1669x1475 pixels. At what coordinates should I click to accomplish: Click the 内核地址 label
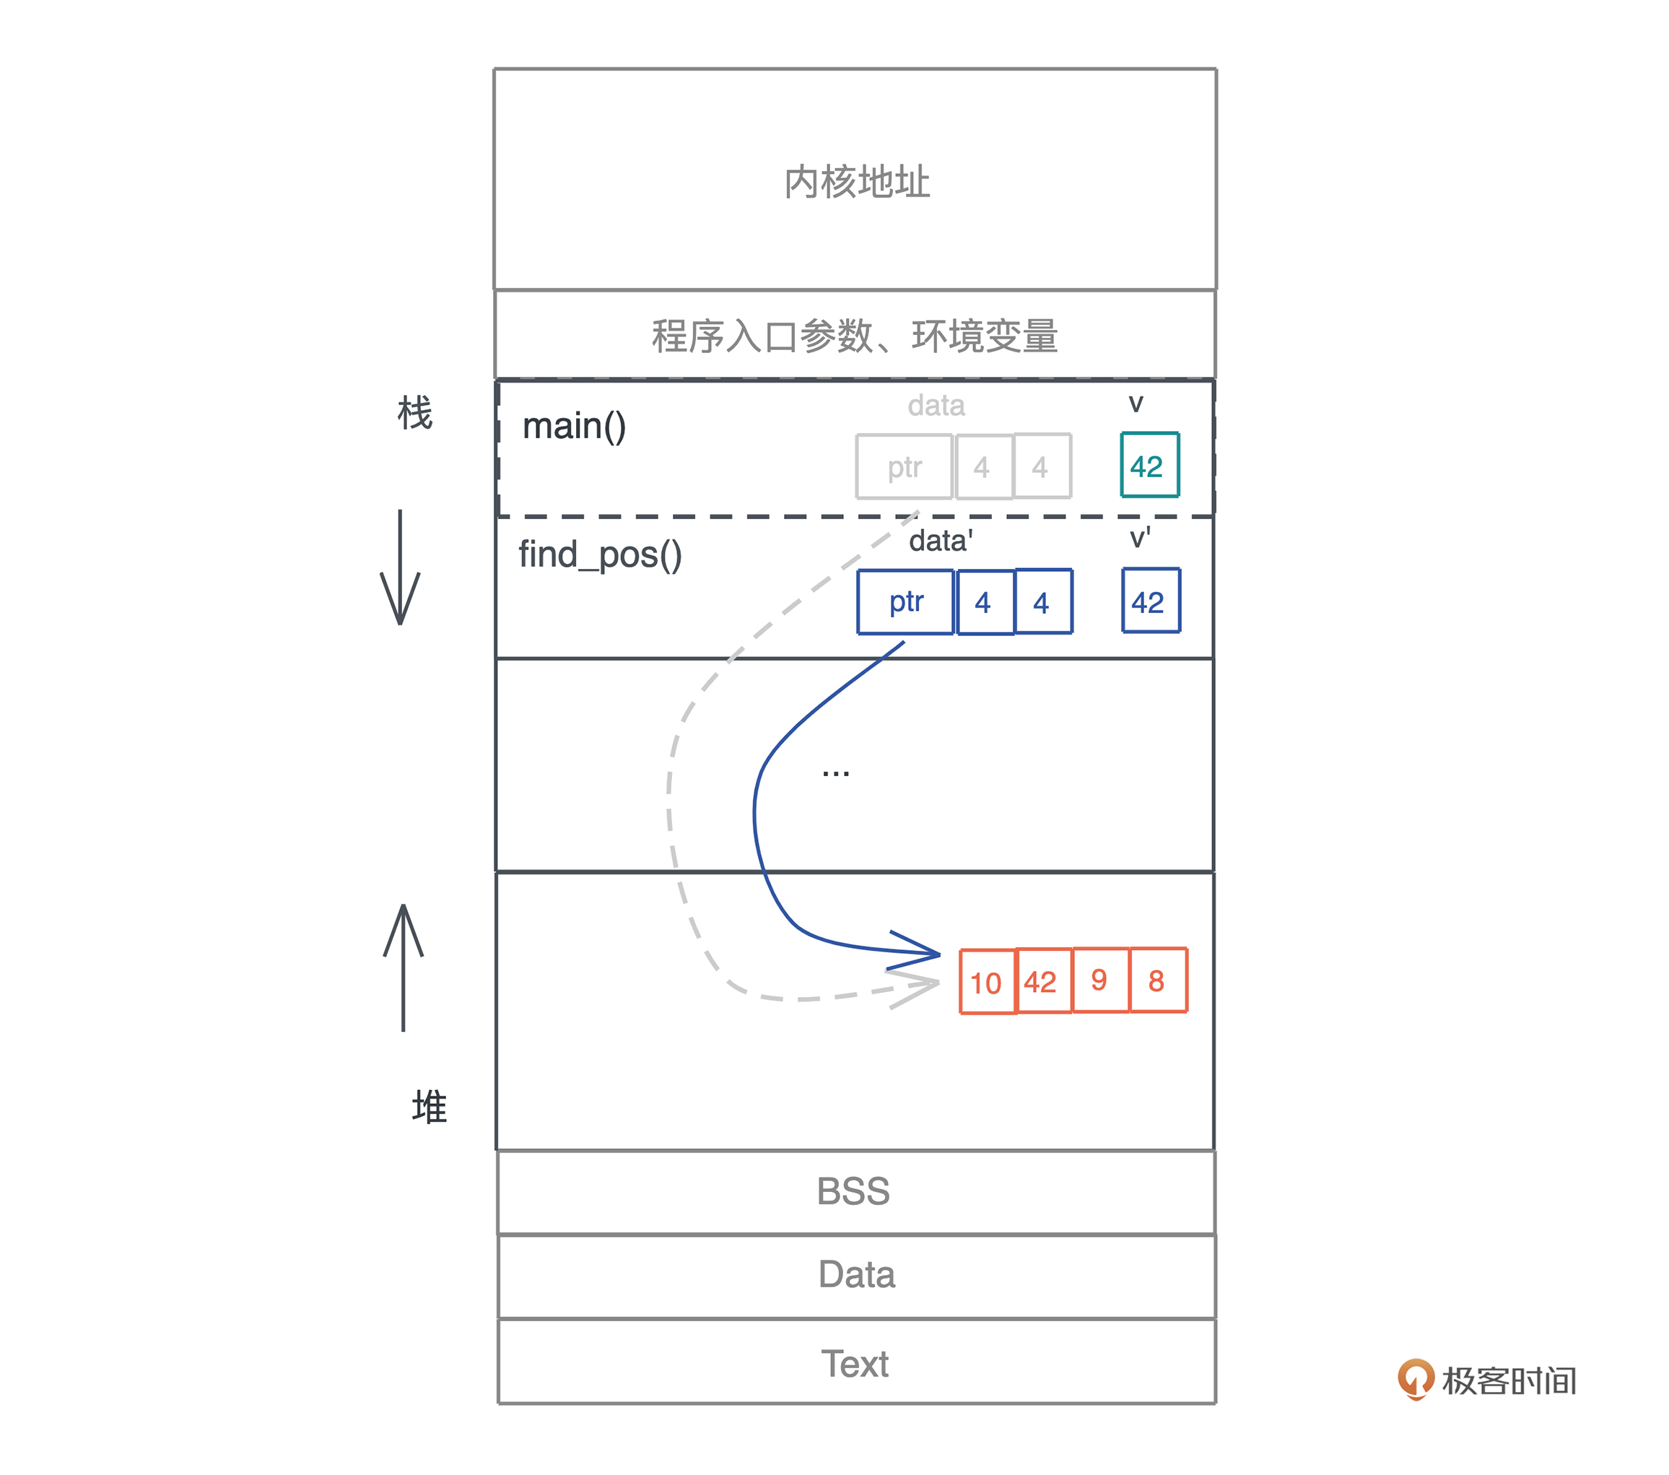pyautogui.click(x=857, y=181)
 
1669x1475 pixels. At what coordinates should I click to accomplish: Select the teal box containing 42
pyautogui.click(x=1149, y=466)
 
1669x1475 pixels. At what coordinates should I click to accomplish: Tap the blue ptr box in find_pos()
pyautogui.click(x=905, y=602)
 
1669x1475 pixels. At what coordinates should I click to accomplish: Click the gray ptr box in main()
pyautogui.click(x=904, y=466)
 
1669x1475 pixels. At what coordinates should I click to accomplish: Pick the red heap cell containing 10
pyautogui.click(x=986, y=981)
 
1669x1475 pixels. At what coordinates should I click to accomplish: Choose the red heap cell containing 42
pyautogui.click(x=1042, y=981)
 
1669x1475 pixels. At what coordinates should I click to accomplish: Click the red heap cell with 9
pyautogui.click(x=1100, y=979)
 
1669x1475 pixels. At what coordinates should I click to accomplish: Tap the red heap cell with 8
pyautogui.click(x=1157, y=979)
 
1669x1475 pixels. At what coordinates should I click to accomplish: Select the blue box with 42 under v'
pyautogui.click(x=1150, y=601)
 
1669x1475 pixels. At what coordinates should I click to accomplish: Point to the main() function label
pyautogui.click(x=574, y=427)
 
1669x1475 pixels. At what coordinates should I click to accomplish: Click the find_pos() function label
pyautogui.click(x=600, y=555)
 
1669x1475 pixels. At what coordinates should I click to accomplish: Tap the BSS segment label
pyautogui.click(x=854, y=1191)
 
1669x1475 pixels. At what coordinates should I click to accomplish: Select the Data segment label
pyautogui.click(x=857, y=1274)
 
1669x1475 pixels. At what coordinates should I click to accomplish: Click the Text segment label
pyautogui.click(x=855, y=1363)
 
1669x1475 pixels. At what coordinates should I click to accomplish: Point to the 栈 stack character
pyautogui.click(x=415, y=412)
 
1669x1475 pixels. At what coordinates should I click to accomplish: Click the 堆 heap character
pyautogui.click(x=430, y=1107)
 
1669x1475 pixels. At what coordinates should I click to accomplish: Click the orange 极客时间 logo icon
pyautogui.click(x=1415, y=1379)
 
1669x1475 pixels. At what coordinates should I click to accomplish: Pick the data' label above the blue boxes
pyautogui.click(x=941, y=541)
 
